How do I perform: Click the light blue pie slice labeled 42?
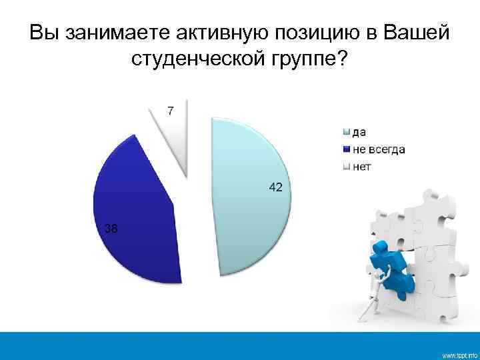click(x=250, y=200)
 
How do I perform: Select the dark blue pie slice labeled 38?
click(x=137, y=213)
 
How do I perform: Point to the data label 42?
click(x=275, y=188)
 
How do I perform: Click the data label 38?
click(x=111, y=229)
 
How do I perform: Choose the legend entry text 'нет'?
click(x=361, y=166)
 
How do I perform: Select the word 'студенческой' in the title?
click(x=197, y=61)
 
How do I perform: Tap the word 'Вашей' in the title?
click(x=421, y=33)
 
